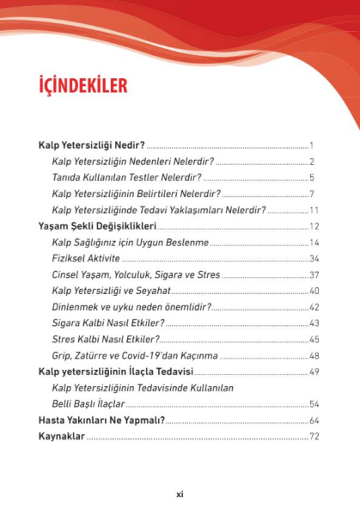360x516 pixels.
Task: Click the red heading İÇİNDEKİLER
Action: [x=83, y=86]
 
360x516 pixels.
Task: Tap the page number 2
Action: [x=314, y=163]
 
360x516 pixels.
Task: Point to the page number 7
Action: [x=314, y=194]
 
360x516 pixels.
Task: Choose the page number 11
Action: [x=314, y=210]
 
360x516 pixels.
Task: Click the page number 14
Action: [x=314, y=243]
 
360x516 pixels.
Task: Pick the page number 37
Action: [x=314, y=275]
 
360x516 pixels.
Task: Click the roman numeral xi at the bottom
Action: [x=180, y=494]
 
